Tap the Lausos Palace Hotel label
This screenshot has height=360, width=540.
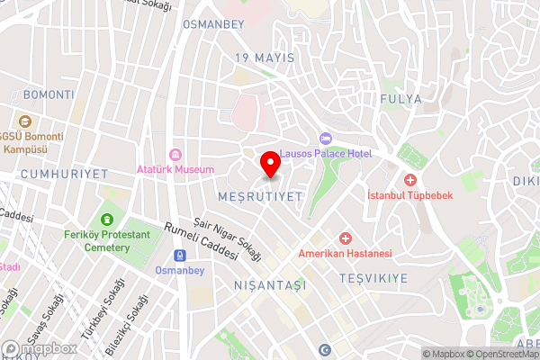click(325, 154)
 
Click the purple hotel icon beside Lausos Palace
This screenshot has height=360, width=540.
click(325, 139)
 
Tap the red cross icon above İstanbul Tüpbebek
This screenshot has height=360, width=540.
click(409, 179)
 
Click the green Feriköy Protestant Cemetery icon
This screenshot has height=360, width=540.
click(107, 220)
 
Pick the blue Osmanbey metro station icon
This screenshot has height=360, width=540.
click(180, 255)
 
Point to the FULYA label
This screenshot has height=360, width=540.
click(401, 99)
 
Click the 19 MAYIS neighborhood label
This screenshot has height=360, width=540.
click(265, 58)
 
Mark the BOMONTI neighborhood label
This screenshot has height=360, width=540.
click(49, 94)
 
